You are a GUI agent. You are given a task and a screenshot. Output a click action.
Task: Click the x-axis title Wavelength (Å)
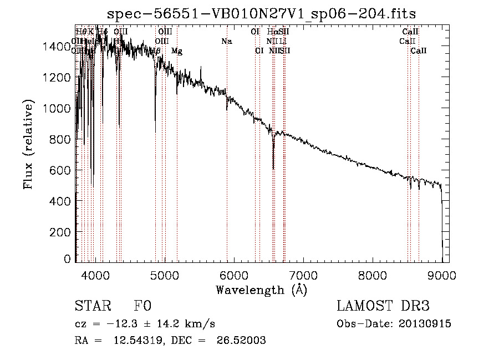click(261, 289)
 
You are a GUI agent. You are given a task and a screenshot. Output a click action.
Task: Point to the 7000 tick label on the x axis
click(303, 275)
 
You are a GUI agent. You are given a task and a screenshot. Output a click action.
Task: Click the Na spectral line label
click(226, 41)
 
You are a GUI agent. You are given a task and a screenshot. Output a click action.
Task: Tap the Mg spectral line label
click(176, 51)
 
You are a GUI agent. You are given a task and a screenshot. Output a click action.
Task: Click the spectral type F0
click(143, 307)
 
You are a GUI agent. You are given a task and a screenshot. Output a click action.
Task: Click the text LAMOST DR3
click(383, 307)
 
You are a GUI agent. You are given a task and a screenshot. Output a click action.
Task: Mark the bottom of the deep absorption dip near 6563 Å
click(273, 169)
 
